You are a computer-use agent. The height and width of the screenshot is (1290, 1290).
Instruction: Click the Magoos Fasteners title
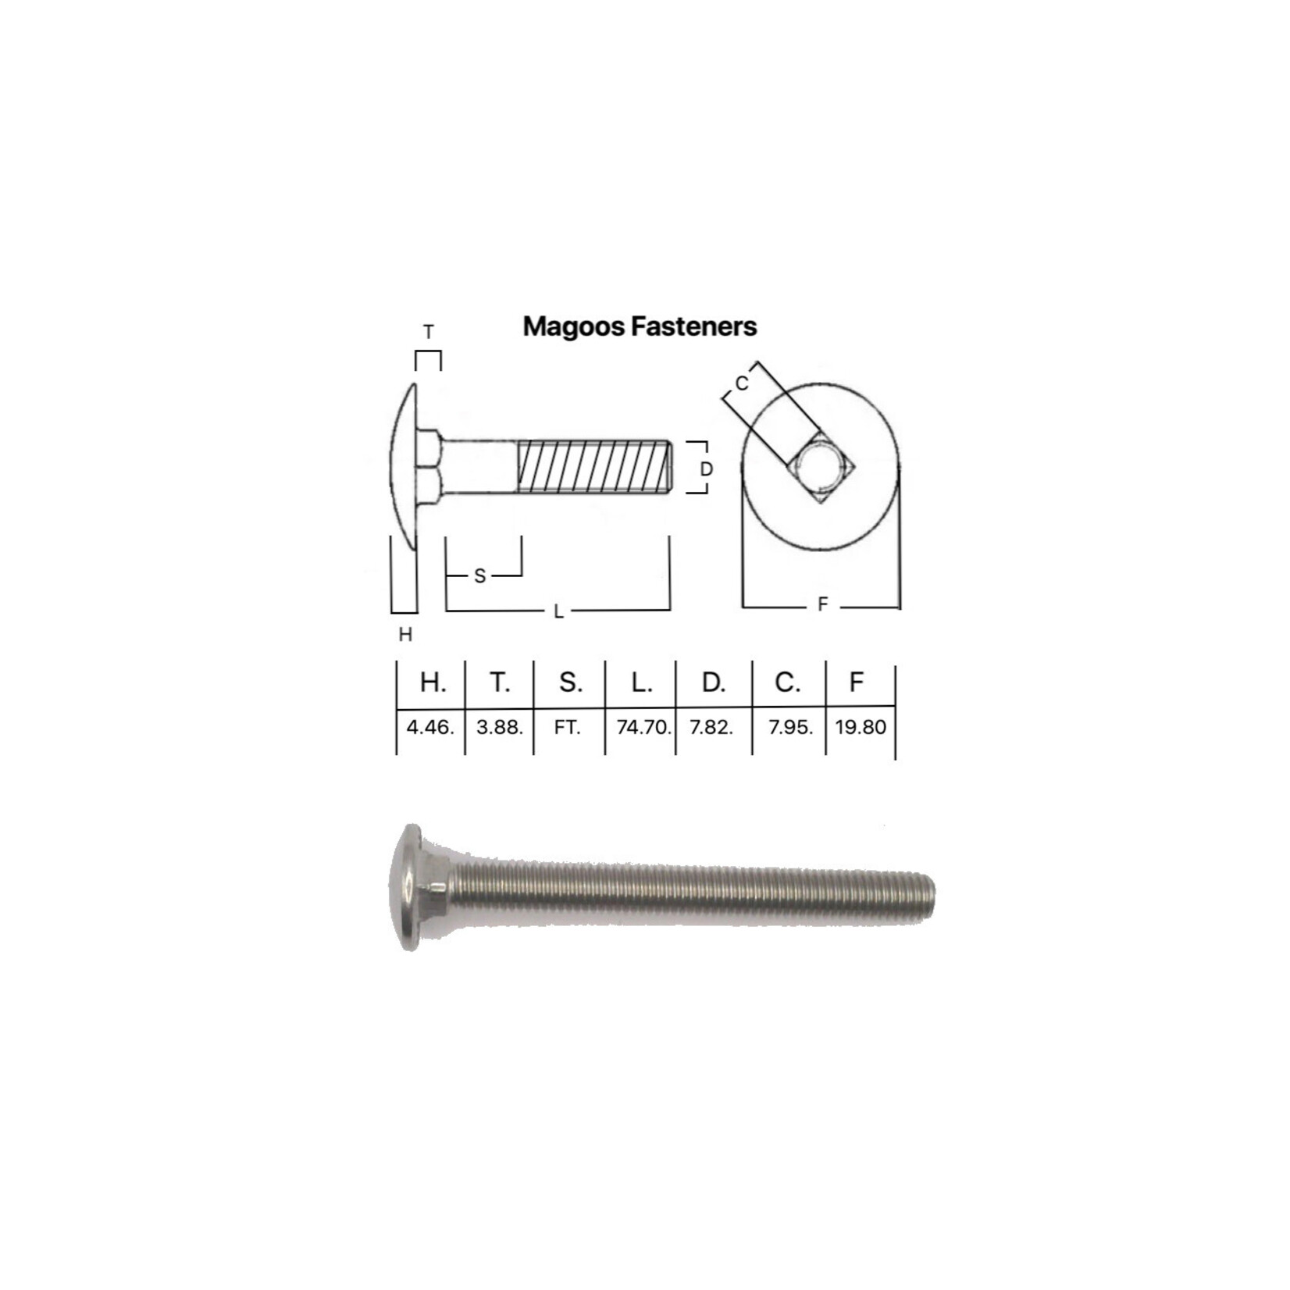pos(640,326)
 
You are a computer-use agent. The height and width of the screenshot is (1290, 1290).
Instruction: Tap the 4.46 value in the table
pos(429,727)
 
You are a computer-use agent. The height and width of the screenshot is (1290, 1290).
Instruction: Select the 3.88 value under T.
pos(499,727)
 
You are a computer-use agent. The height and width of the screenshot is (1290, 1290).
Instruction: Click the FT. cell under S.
pos(567,727)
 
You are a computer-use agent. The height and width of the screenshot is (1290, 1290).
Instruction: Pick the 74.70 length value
pos(643,727)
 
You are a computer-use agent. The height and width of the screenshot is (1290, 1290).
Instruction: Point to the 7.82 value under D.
pos(711,727)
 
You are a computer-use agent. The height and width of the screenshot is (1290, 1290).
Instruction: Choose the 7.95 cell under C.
pos(790,727)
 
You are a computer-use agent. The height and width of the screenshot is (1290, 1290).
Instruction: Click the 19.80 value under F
pos(860,727)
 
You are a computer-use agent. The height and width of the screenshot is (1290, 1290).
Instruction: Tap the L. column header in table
pos(641,682)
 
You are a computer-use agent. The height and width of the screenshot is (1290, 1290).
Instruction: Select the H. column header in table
pos(432,682)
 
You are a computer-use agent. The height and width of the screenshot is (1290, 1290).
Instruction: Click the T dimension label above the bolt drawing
pos(428,333)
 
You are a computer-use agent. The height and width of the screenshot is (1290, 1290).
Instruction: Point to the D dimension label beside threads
pos(706,469)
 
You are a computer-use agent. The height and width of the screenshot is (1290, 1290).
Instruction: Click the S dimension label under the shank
pos(479,576)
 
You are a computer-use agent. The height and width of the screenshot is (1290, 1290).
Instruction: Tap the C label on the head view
pos(742,383)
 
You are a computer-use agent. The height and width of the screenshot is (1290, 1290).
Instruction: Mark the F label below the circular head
pos(821,604)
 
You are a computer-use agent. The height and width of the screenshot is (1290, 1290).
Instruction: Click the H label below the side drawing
pos(404,635)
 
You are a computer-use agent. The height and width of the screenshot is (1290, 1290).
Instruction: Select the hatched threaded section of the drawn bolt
pos(593,467)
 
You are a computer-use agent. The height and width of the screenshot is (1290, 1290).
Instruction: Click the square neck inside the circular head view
pos(821,469)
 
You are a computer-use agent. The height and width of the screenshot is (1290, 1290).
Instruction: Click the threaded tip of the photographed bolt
pos(925,893)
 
